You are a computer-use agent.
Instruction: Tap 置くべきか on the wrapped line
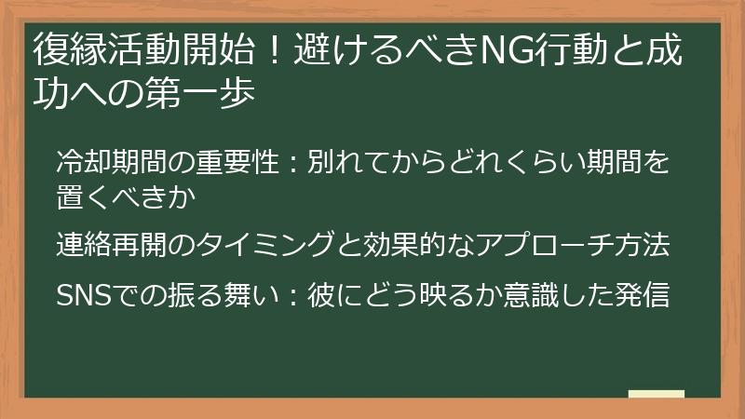125,197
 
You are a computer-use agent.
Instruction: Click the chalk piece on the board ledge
656,395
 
